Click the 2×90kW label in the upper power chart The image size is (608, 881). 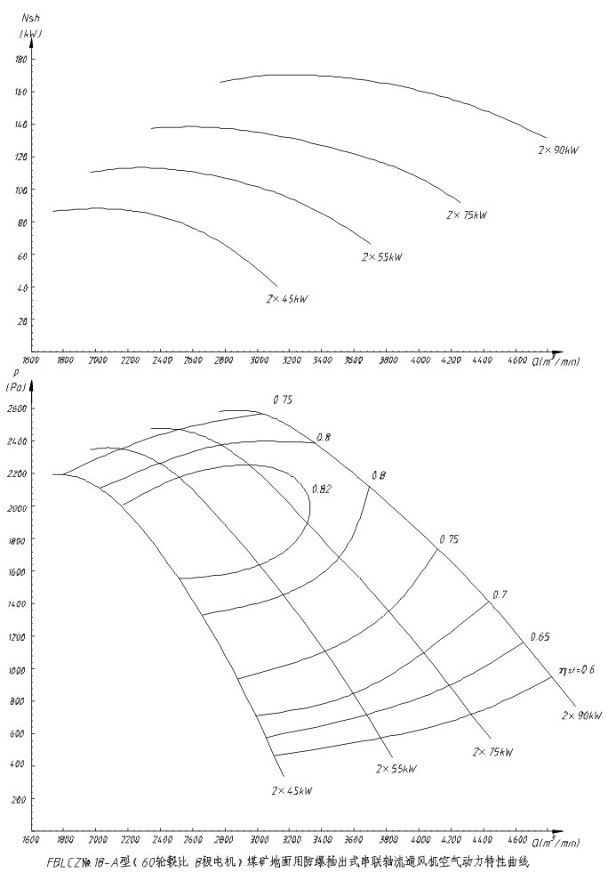[x=559, y=150]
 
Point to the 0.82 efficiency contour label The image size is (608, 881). [x=322, y=489]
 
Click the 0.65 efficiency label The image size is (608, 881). [x=540, y=636]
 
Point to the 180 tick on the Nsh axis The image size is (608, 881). [x=22, y=60]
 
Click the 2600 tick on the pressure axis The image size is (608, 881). [x=18, y=408]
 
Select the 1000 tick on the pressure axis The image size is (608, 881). [x=18, y=669]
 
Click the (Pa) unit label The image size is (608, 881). [x=20, y=388]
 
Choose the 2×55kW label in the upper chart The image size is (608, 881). [x=382, y=257]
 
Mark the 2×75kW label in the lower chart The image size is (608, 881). [x=492, y=753]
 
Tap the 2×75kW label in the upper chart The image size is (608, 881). [x=467, y=215]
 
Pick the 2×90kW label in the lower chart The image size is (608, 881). [x=580, y=715]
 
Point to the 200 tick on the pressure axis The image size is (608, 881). [x=20, y=800]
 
